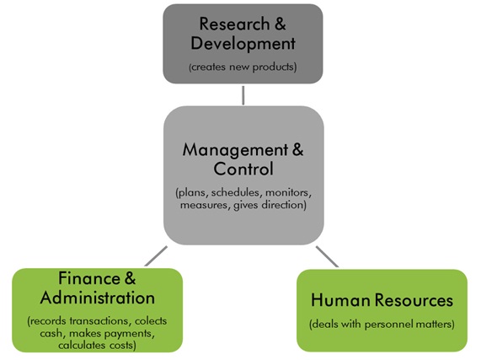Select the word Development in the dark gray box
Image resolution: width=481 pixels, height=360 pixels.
243,44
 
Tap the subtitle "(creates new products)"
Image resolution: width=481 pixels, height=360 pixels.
243,67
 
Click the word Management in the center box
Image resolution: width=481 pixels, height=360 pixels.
235,150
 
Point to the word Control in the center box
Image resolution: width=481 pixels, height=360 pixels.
243,169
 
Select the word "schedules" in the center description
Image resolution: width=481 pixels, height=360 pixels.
235,192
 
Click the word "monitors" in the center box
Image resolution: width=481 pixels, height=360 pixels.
288,193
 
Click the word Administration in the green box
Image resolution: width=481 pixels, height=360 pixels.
98,298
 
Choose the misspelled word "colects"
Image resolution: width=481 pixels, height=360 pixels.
151,321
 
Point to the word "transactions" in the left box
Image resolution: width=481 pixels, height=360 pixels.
99,321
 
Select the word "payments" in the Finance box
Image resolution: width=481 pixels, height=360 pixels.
131,334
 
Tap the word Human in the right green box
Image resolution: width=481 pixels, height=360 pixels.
341,300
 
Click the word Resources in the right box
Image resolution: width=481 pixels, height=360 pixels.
414,300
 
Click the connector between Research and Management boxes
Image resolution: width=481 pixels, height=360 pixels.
243,95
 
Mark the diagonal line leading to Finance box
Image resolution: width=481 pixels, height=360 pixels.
156,256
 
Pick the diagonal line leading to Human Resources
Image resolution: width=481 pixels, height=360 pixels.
328,256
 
